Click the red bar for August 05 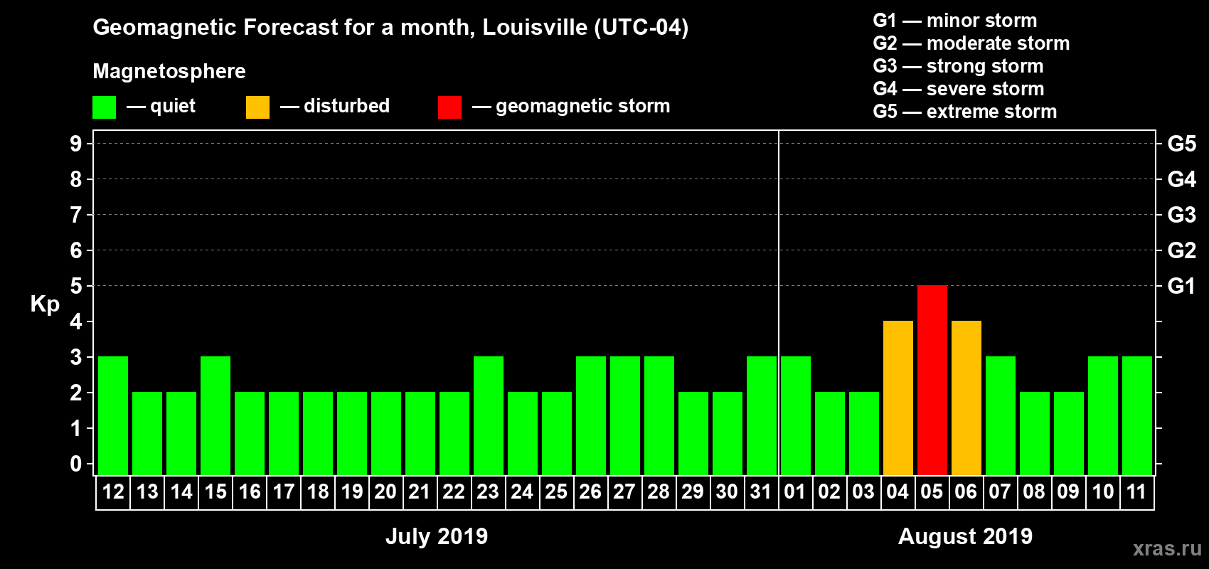click(x=932, y=380)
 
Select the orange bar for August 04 click(x=898, y=398)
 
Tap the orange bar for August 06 click(x=966, y=398)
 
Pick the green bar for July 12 click(x=113, y=415)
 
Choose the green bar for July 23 click(x=489, y=415)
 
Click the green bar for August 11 click(x=1136, y=415)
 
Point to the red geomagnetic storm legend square click(x=449, y=107)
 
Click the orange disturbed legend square click(x=257, y=107)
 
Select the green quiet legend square click(x=104, y=107)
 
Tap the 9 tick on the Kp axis click(x=76, y=144)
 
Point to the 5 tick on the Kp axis click(x=76, y=286)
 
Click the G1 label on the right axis click(x=1181, y=286)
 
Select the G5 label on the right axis click(x=1181, y=144)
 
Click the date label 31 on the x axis click(x=761, y=491)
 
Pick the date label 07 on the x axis click(x=1000, y=491)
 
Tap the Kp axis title click(x=45, y=304)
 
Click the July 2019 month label click(x=437, y=536)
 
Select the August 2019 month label click(x=965, y=536)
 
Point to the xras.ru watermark click(x=1167, y=548)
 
